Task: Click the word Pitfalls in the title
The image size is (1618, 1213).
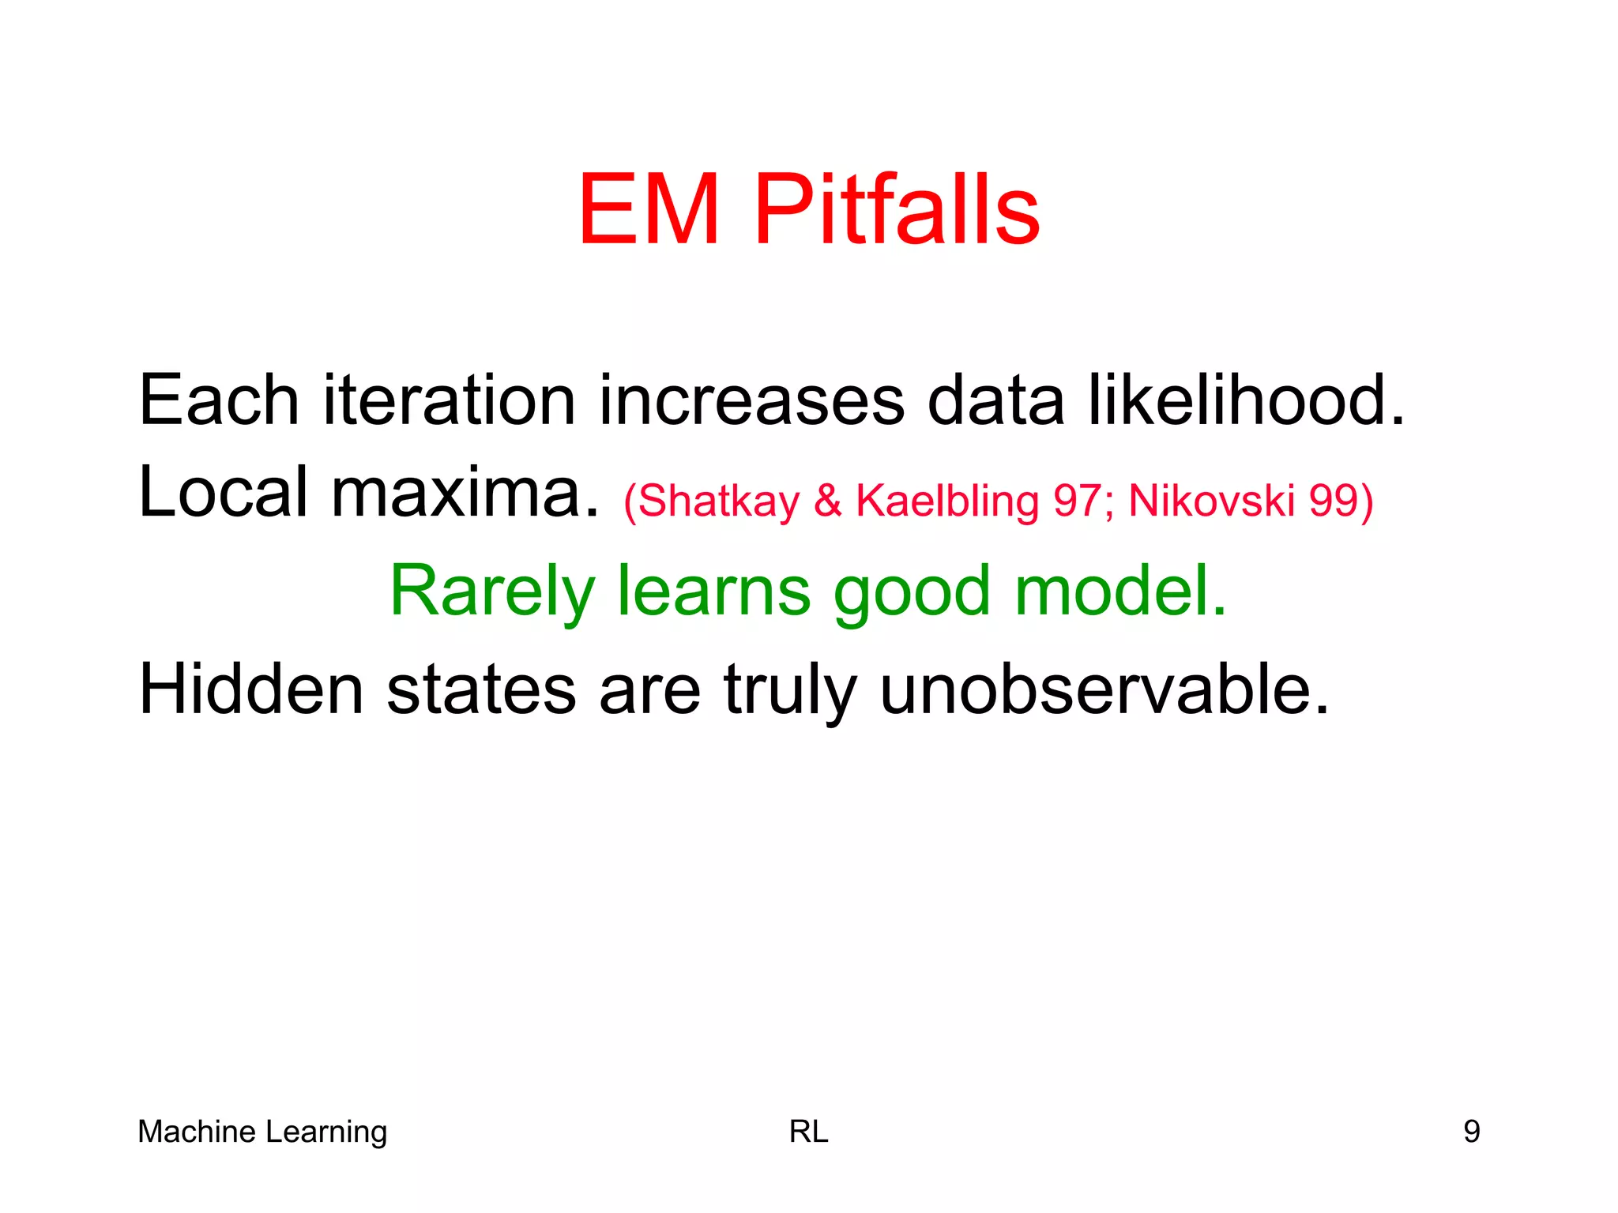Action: [897, 210]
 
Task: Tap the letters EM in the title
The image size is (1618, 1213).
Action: [649, 210]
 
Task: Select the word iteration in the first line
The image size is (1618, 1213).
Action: [449, 400]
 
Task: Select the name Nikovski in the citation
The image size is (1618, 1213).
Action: [1211, 501]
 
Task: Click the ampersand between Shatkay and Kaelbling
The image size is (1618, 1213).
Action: [828, 501]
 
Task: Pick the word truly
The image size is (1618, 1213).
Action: [790, 689]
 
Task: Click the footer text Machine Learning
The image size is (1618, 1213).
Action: [262, 1132]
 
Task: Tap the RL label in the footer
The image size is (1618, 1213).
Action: [809, 1132]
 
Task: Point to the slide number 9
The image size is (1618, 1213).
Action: [1471, 1132]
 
